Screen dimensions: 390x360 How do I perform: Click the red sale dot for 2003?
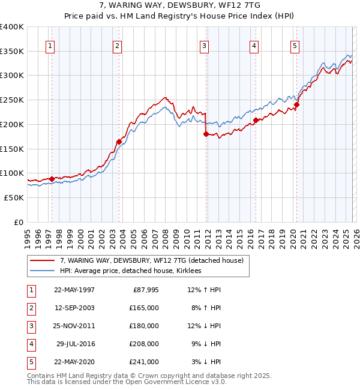tap(119, 142)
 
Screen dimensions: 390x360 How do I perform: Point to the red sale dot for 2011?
tap(206, 134)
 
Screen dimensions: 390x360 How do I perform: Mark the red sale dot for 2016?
tap(256, 121)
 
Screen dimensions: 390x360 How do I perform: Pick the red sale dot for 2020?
tap(296, 104)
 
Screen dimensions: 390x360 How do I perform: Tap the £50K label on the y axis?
tap(14, 197)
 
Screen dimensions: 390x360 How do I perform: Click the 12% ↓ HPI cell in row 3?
tap(204, 326)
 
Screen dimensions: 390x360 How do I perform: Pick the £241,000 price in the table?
tap(145, 362)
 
